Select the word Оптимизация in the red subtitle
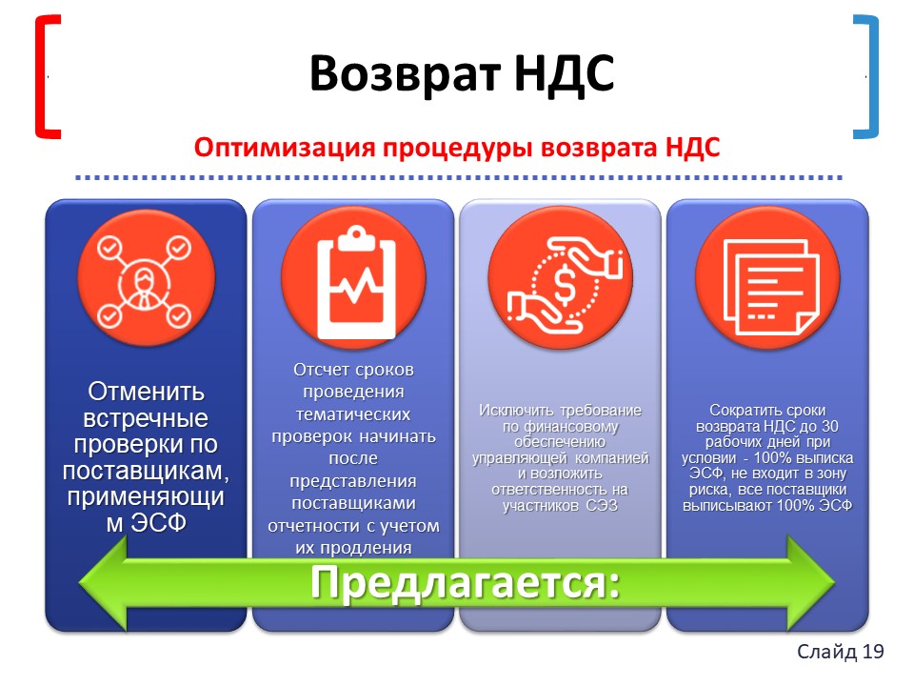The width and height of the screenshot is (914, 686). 285,147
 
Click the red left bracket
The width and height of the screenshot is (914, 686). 47,77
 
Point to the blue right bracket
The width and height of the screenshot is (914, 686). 867,77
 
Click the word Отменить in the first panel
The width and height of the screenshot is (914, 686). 146,392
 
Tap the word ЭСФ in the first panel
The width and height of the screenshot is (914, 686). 158,523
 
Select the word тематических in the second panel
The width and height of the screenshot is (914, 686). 353,414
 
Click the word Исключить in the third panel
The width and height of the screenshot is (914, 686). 512,410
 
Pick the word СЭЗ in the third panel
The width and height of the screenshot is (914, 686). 602,505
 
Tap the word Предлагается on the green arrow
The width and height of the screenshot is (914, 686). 465,582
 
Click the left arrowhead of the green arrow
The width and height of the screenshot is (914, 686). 103,582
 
